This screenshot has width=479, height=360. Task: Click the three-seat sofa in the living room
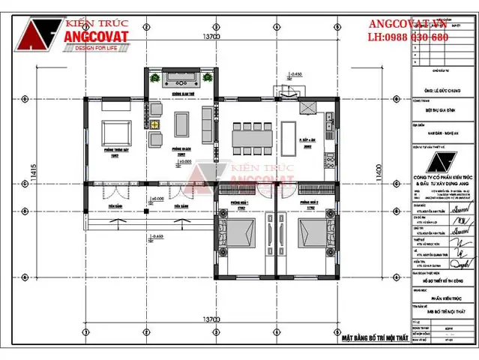pyautogui.click(x=206, y=121)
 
